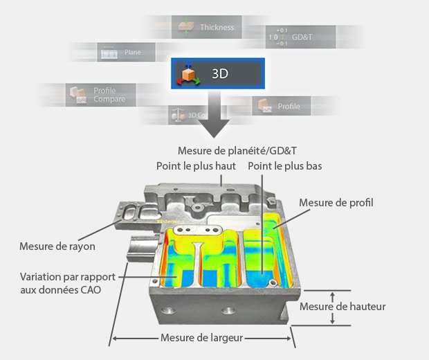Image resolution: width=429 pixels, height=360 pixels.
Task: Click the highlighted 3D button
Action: point(218,72)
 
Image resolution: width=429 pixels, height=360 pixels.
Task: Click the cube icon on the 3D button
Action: point(188,73)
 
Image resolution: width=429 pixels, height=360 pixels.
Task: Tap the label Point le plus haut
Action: point(197,166)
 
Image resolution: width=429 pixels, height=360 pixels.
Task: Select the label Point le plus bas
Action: point(284,166)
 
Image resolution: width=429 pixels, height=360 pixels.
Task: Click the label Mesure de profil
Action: point(336,203)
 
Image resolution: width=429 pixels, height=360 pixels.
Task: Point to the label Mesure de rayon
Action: point(57,246)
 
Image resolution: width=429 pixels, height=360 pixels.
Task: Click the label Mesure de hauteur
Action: point(343,307)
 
